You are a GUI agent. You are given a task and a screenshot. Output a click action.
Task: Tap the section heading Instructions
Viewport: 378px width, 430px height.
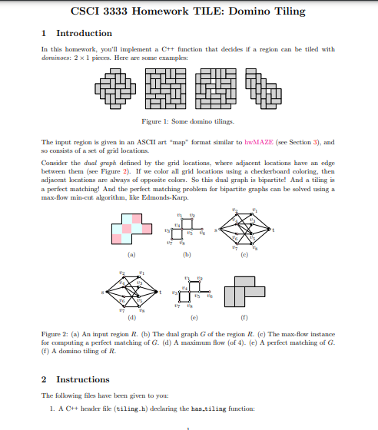coord(83,379)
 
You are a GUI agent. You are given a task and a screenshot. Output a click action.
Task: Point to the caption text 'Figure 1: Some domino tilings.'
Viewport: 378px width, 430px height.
coord(188,121)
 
